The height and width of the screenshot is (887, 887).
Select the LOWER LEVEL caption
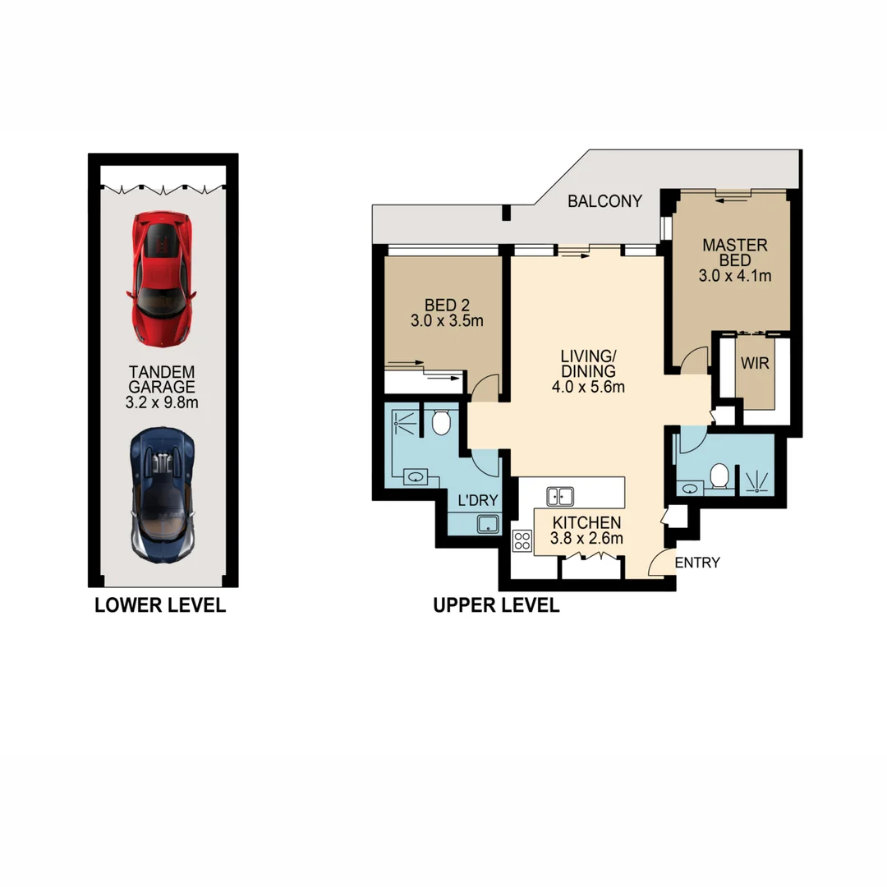click(160, 606)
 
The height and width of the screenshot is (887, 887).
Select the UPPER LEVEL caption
click(496, 606)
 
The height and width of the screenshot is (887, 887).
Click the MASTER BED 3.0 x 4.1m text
click(734, 260)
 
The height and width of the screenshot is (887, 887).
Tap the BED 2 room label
click(446, 312)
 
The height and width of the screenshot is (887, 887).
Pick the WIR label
click(756, 363)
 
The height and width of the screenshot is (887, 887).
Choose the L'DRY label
click(477, 500)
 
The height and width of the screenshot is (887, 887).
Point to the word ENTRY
click(697, 563)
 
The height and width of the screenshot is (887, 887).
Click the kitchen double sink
click(560, 495)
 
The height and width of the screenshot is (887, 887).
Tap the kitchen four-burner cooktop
click(522, 540)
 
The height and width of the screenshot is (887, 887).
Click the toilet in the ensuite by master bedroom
click(720, 476)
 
